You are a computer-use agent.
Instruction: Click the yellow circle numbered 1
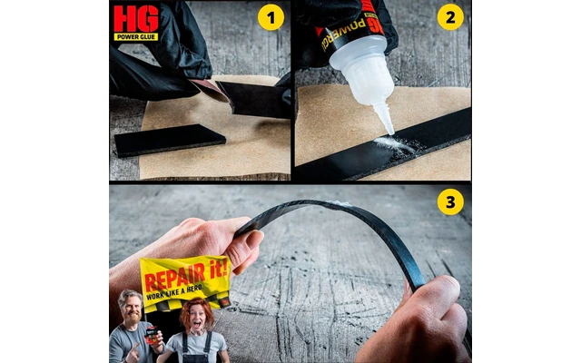pos(271,17)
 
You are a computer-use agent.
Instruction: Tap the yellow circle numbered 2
pos(449,17)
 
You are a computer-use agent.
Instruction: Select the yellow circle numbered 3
pos(449,201)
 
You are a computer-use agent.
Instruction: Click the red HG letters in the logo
pos(136,18)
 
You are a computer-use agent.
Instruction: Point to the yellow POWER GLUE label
pos(136,37)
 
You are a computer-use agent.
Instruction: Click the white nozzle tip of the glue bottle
pos(388,127)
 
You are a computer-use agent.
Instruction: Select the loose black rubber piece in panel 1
pos(170,139)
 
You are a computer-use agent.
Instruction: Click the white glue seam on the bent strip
pos(341,204)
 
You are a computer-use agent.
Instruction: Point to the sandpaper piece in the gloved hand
pos(211,88)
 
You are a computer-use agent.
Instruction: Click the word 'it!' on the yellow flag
pos(216,270)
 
